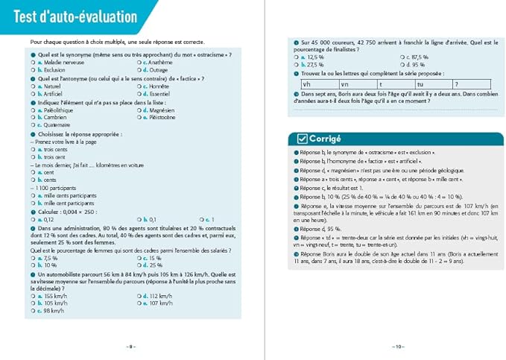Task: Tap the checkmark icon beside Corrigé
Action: pyautogui.click(x=302, y=139)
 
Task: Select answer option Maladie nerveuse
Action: pyautogui.click(x=62, y=63)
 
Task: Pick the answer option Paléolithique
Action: pyautogui.click(x=59, y=110)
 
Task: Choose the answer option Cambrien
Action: pyautogui.click(x=54, y=117)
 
